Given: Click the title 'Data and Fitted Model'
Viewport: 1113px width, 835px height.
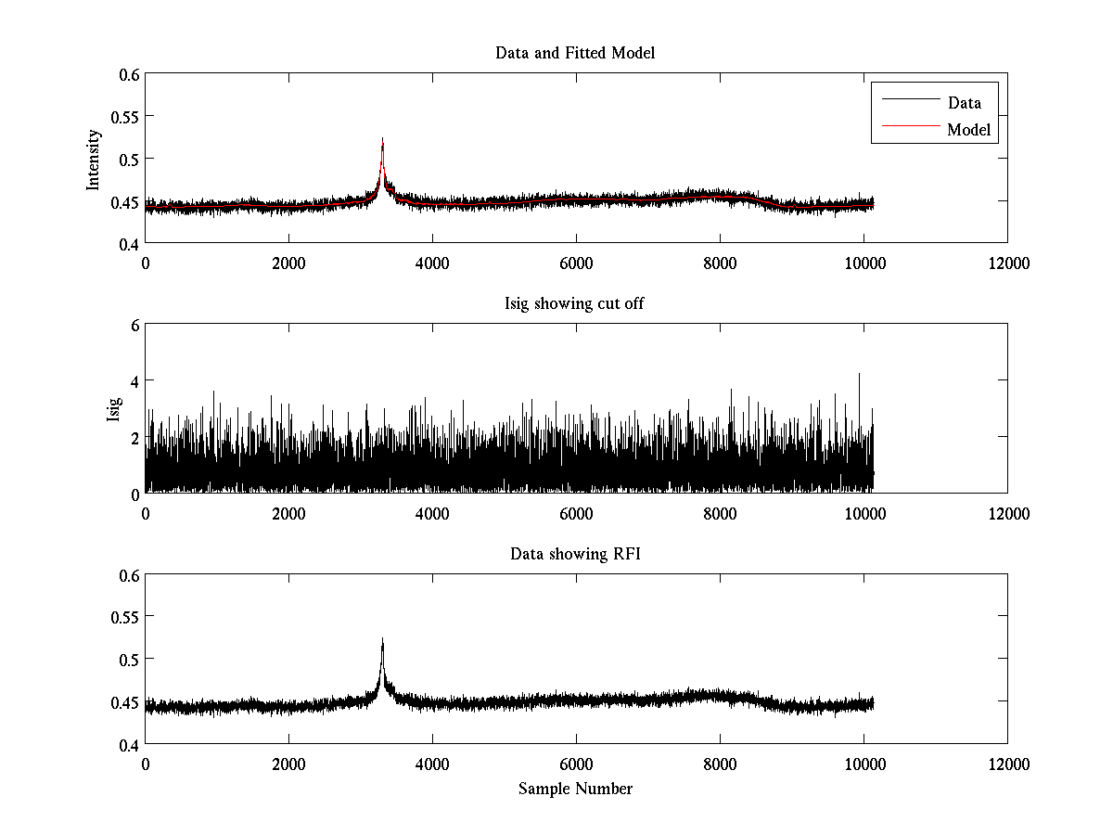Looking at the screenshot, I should point(575,53).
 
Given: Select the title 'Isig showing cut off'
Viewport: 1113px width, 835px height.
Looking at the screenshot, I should point(575,304).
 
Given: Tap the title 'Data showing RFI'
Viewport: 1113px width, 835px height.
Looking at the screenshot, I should point(575,555).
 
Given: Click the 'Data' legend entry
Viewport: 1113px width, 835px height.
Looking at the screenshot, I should point(964,103).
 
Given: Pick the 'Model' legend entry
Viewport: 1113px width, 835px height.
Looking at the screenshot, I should point(968,130).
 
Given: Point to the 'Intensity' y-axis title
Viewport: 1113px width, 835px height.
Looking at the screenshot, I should point(93,160).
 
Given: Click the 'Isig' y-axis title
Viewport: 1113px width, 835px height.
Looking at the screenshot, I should point(113,409).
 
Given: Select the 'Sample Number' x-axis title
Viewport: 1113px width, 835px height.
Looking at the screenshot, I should point(575,789).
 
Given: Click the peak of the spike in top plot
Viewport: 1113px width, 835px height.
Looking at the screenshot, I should point(382,138).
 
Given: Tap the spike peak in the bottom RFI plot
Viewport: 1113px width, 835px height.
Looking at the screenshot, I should point(382,639).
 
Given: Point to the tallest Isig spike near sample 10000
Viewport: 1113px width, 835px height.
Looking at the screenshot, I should point(859,374).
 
